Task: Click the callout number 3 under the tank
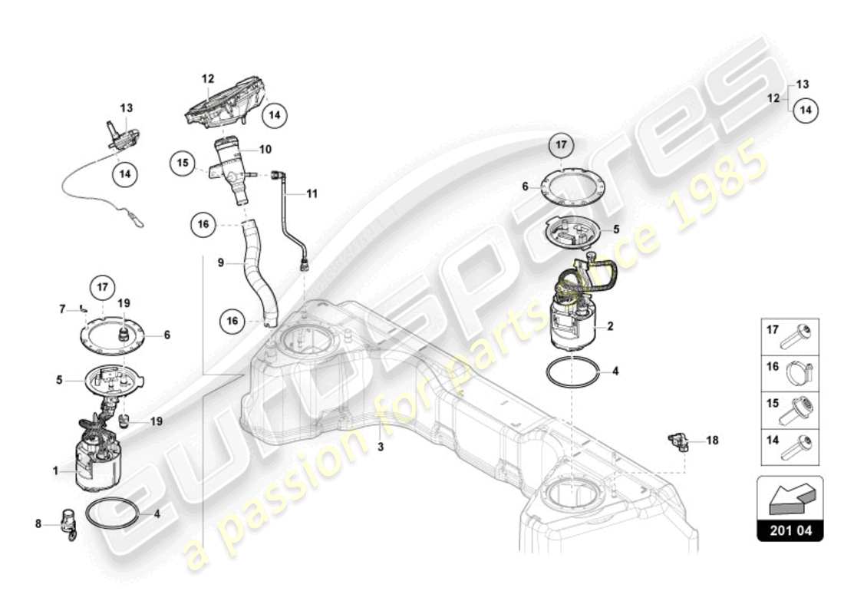tap(381, 447)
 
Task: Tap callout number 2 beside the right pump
tap(611, 326)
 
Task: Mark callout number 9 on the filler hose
tap(220, 262)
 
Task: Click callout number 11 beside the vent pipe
tap(312, 194)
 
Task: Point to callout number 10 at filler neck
tap(265, 149)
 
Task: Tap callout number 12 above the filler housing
tap(208, 78)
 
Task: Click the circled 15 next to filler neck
tap(183, 163)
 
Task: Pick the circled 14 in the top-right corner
tap(806, 111)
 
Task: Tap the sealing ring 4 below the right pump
tap(573, 372)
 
